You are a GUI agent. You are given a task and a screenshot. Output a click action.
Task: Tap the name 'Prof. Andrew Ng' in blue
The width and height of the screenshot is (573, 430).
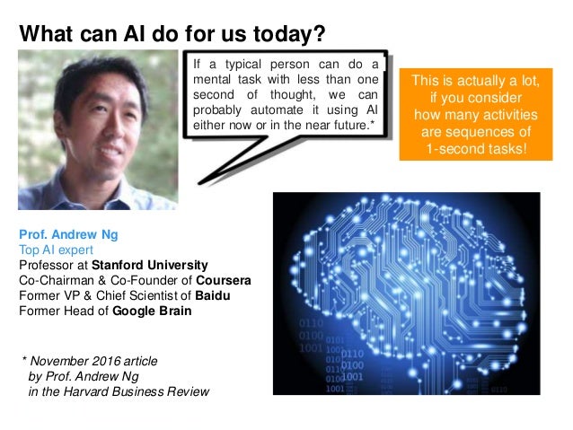(68, 234)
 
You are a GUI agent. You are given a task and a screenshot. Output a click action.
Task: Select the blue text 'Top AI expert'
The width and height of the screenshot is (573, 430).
(55, 250)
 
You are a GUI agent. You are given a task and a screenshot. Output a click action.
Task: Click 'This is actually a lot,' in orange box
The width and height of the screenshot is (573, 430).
(475, 82)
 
